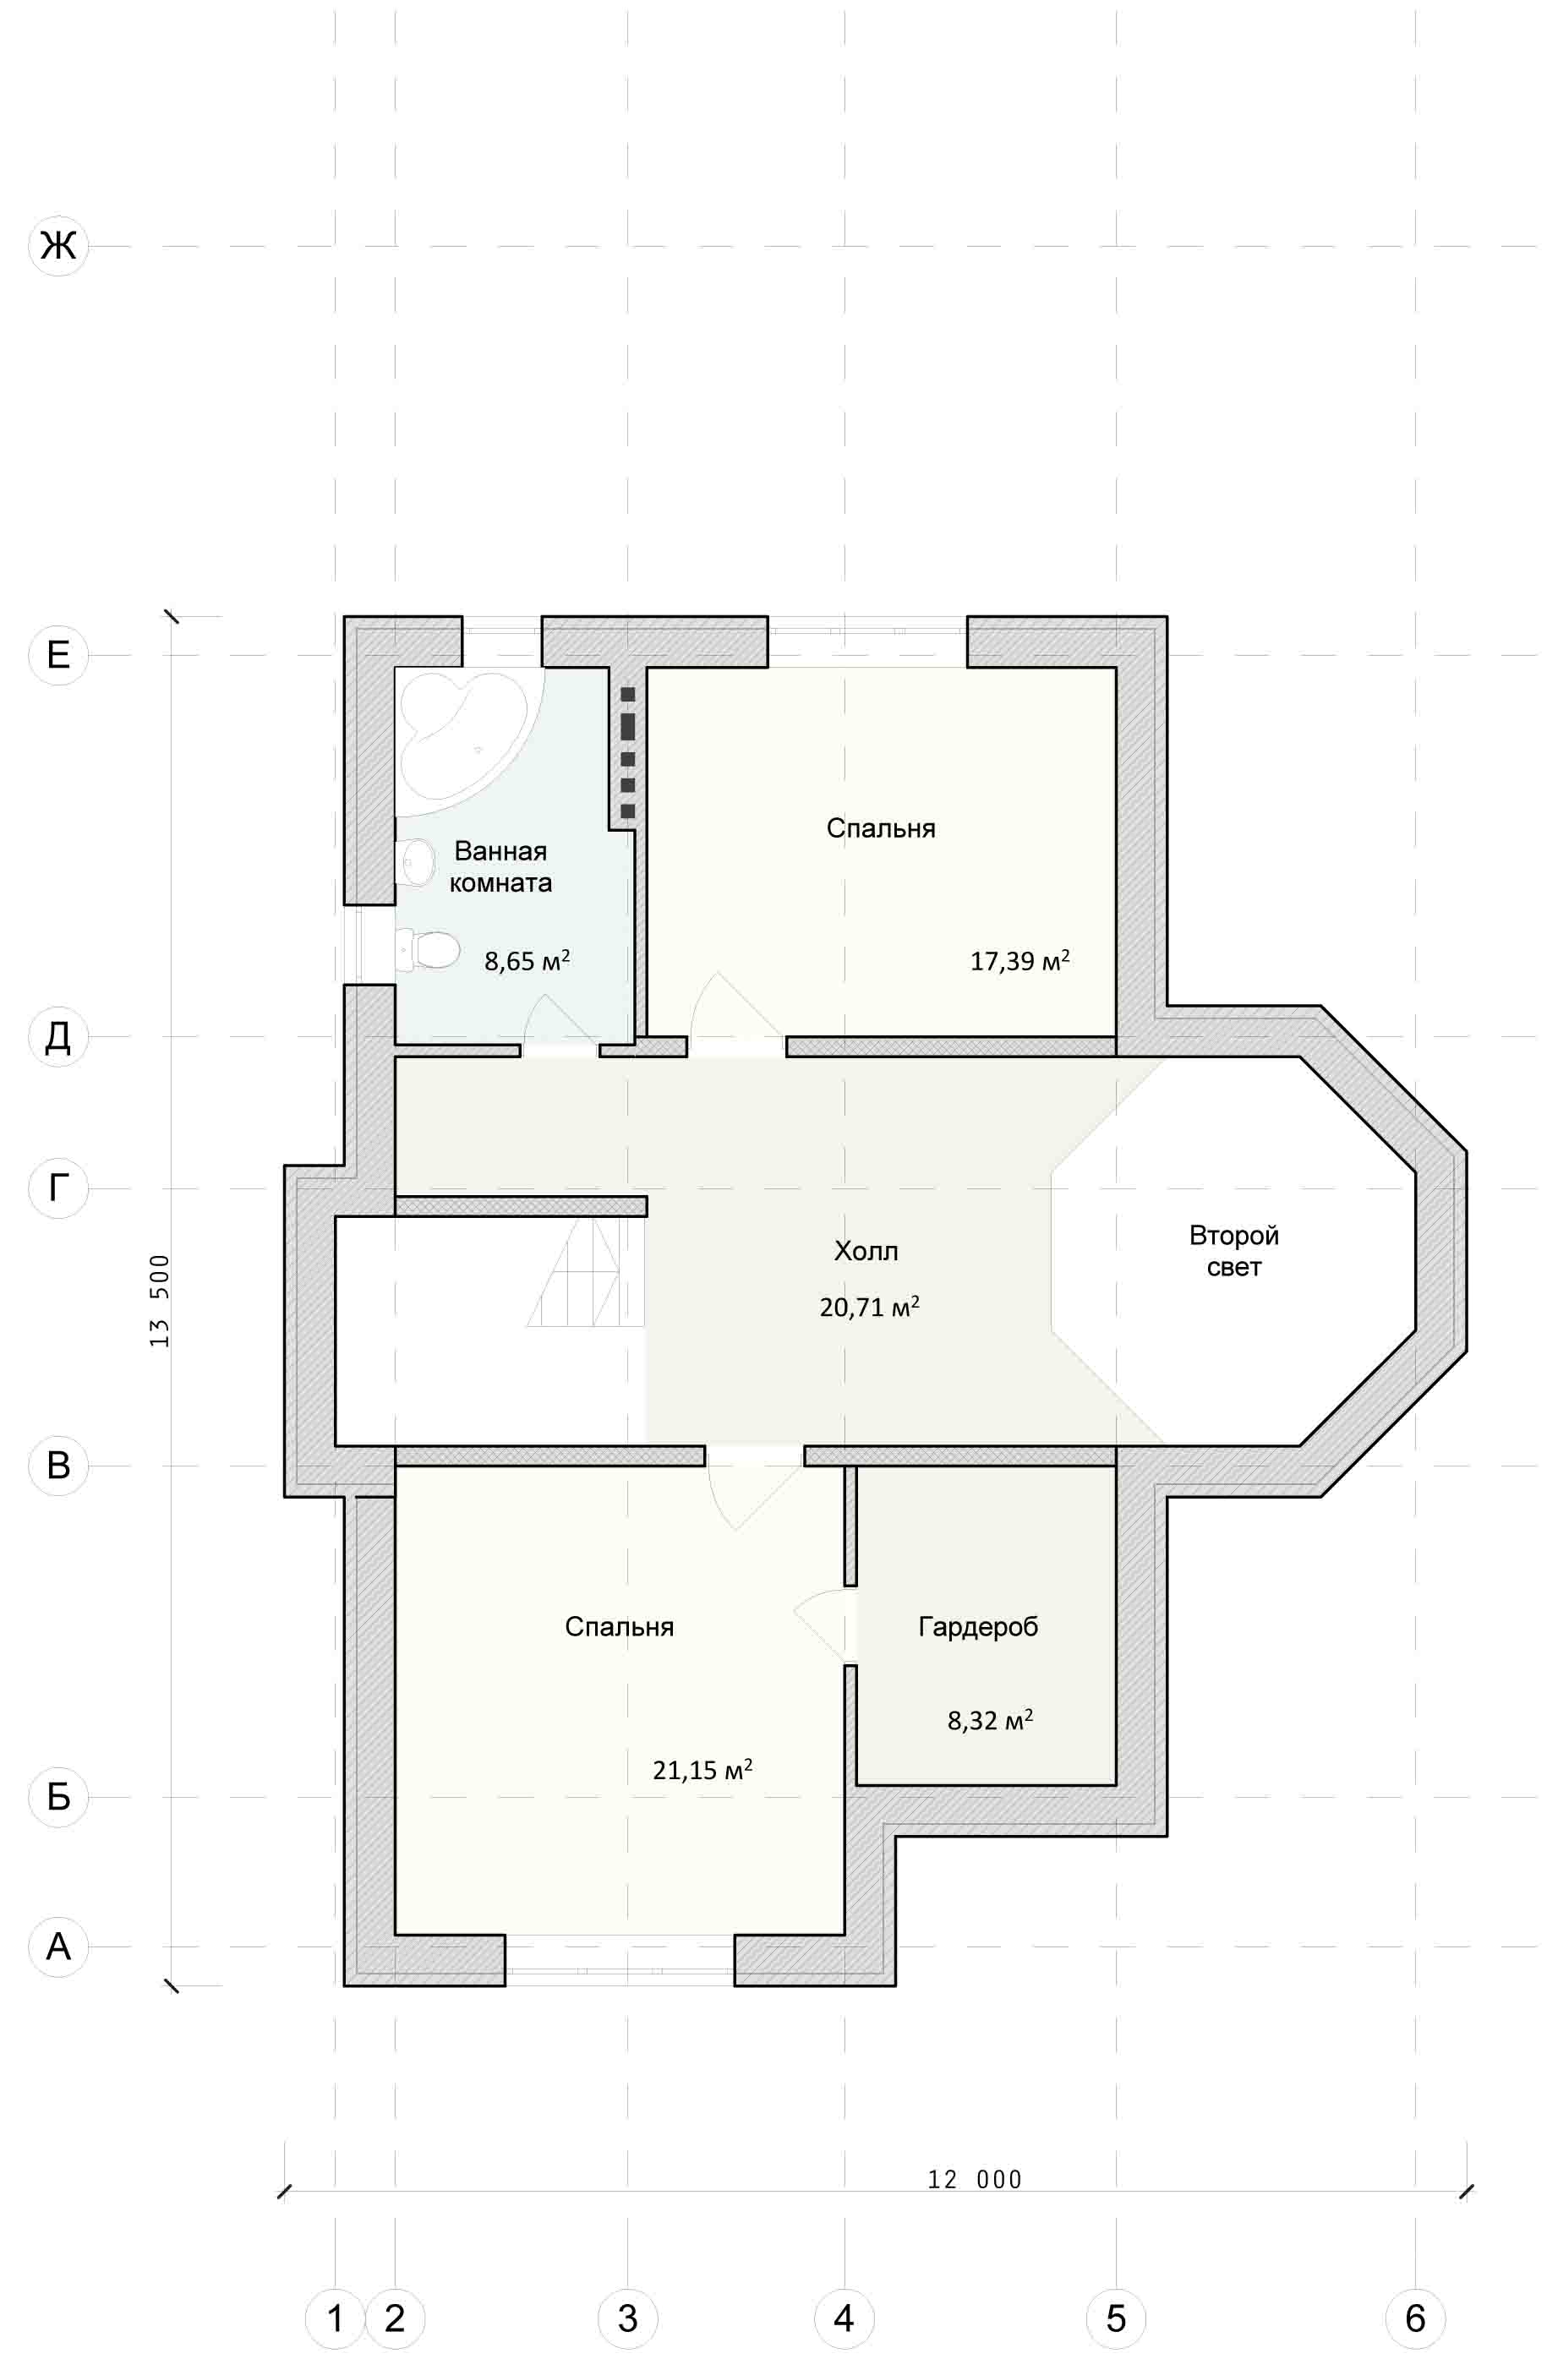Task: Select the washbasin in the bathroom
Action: [415, 861]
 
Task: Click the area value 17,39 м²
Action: [1019, 959]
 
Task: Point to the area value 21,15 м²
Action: [702, 1769]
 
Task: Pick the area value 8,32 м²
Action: [990, 1720]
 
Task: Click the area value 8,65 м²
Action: [528, 959]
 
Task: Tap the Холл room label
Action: [866, 1251]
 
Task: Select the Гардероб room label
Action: [978, 1626]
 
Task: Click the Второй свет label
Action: [1234, 1251]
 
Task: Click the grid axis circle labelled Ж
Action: [58, 245]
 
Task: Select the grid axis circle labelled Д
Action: [58, 1037]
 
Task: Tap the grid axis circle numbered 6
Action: [1415, 2318]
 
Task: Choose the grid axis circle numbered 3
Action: [627, 2318]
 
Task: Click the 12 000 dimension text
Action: [974, 2179]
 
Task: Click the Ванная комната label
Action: [500, 866]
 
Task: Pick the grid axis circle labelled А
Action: [58, 1947]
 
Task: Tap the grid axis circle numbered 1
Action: [335, 2318]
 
